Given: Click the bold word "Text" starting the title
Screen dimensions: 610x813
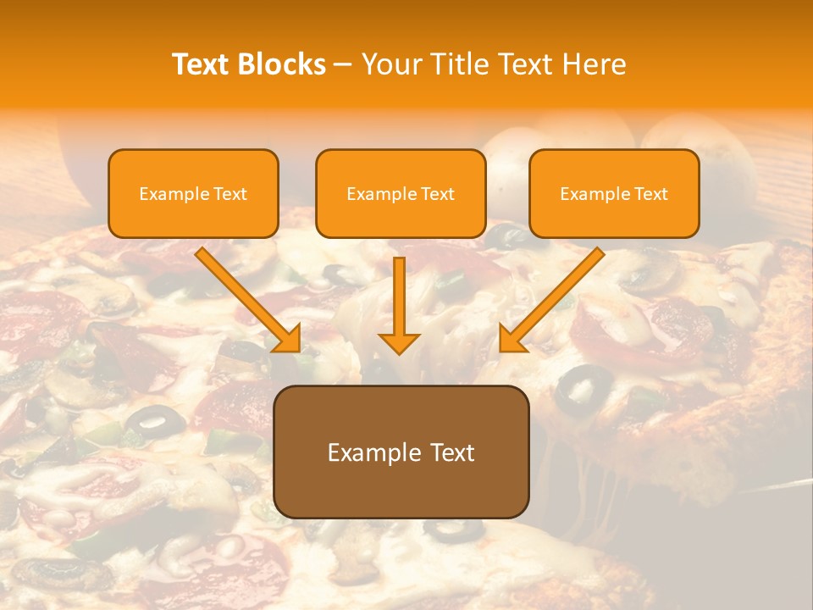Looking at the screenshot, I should (x=201, y=64).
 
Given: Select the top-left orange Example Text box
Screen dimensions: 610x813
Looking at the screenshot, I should (x=193, y=194).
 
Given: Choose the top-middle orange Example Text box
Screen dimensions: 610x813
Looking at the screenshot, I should (x=401, y=194).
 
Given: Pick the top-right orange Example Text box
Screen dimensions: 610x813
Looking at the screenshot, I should (x=614, y=194).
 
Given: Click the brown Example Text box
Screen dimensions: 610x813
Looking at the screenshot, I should (x=401, y=452).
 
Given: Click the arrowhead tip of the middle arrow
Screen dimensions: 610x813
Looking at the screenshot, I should (x=399, y=351).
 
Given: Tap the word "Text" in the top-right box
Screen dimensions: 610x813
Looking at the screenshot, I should (x=650, y=194).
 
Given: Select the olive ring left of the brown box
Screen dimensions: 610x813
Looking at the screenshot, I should (x=154, y=420).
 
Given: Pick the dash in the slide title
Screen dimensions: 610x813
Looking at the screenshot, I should (x=343, y=64).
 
